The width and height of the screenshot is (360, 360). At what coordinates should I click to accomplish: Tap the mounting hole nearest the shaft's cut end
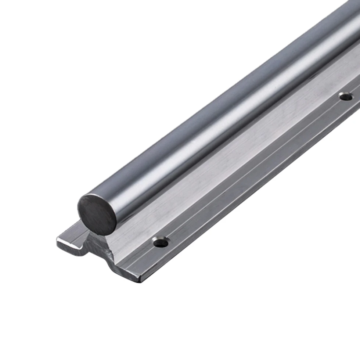161,242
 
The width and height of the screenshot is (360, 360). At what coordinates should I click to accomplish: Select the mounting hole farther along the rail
346,96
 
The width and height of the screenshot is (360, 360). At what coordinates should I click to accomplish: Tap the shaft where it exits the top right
349,22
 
